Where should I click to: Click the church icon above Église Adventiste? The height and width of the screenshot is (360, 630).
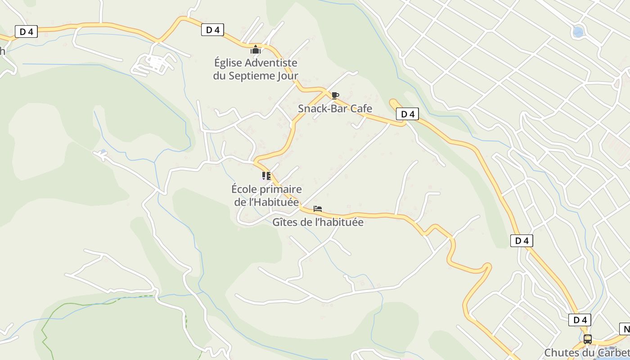tap(256, 49)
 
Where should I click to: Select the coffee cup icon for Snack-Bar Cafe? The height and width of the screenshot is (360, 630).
tap(335, 95)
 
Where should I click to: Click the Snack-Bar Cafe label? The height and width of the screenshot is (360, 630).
tap(335, 108)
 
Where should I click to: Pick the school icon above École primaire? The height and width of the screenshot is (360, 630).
tap(266, 176)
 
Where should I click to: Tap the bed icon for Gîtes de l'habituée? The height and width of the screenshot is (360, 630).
tap(318, 209)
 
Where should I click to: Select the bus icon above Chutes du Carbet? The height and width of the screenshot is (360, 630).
tap(588, 339)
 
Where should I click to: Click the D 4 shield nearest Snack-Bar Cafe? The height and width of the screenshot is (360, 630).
tap(407, 114)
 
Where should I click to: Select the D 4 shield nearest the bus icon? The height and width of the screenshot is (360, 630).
tap(580, 320)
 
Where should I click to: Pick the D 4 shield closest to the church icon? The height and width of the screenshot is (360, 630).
tap(212, 30)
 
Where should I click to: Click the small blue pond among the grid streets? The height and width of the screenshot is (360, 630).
tap(578, 31)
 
